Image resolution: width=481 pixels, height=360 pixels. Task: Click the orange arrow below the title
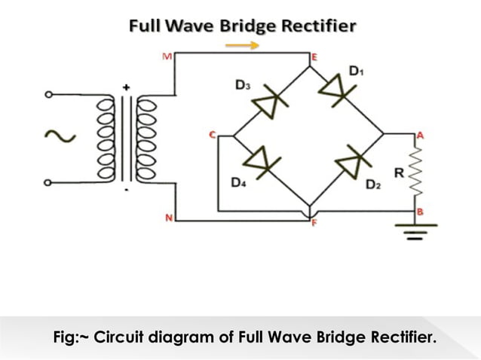243,44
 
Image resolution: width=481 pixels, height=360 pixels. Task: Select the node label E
314,56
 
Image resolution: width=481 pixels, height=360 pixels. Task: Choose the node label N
169,218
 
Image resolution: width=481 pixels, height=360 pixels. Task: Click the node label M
167,56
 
